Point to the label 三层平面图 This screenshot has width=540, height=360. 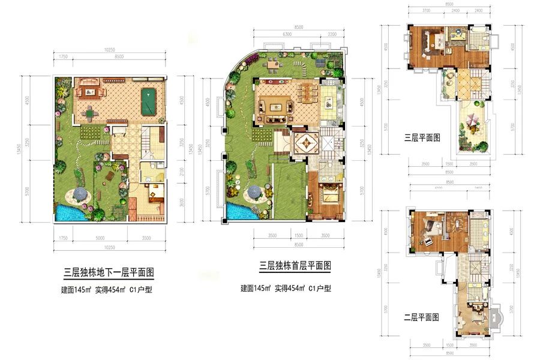click(x=423, y=137)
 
